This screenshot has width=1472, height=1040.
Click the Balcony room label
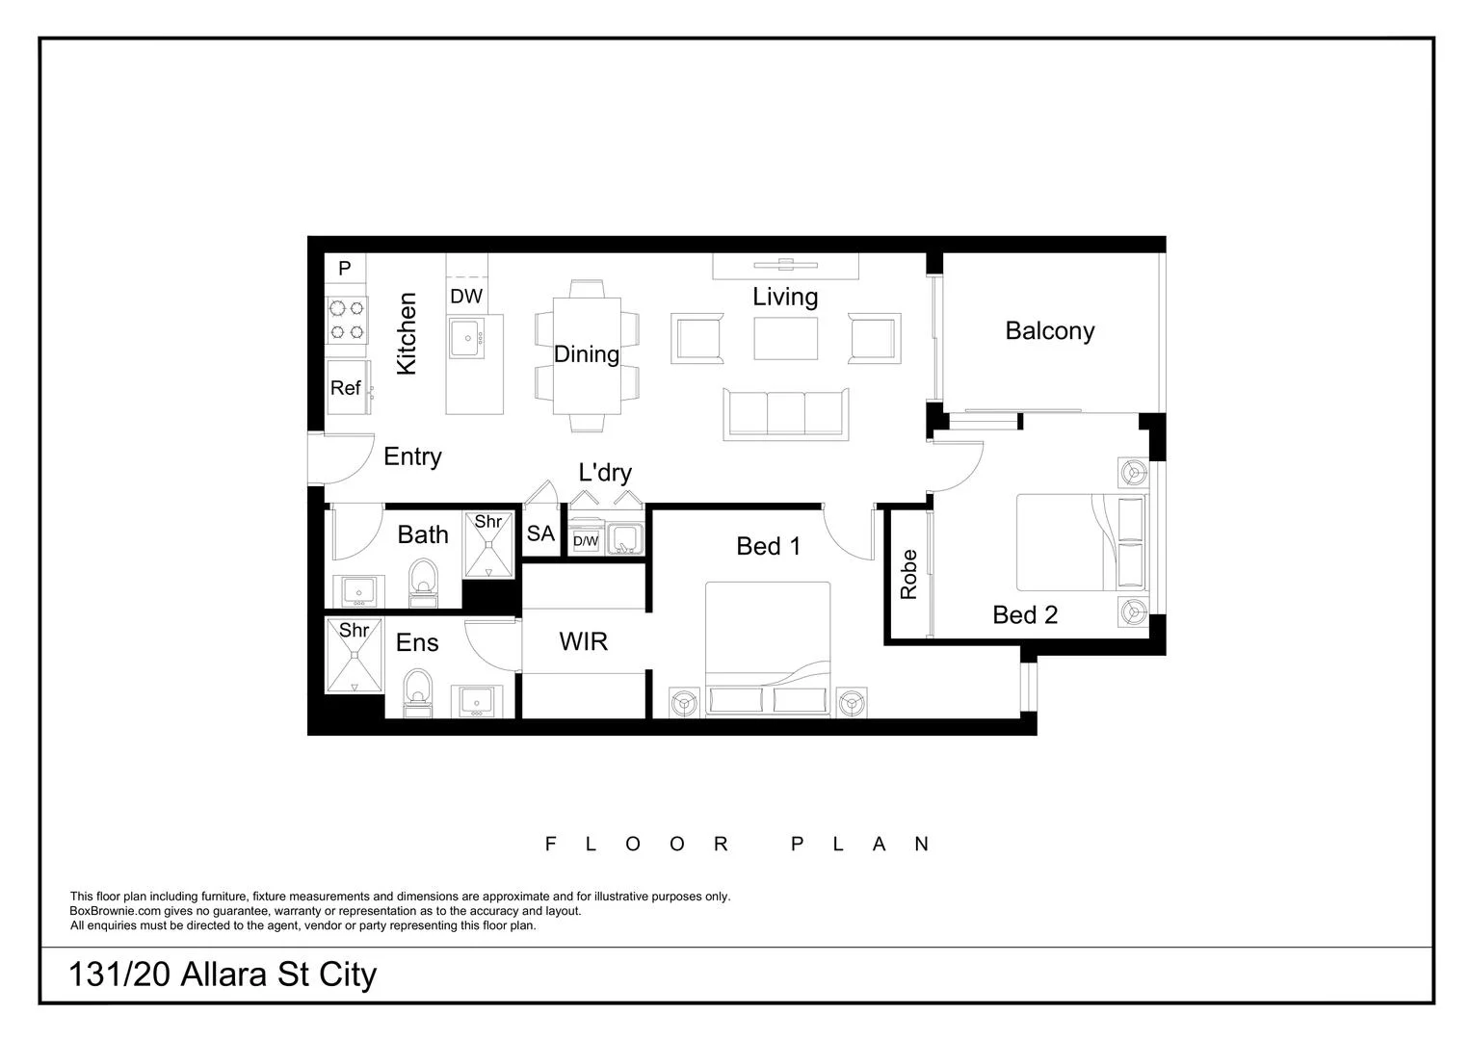tap(1049, 330)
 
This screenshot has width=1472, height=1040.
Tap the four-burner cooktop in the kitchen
tap(347, 320)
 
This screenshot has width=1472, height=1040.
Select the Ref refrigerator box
tap(347, 387)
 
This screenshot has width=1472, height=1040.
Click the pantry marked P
tap(345, 268)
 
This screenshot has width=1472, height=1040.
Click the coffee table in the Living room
tap(786, 338)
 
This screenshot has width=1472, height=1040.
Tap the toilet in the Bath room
tap(423, 583)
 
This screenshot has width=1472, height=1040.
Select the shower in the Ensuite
tap(354, 655)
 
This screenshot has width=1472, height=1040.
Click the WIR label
tap(583, 641)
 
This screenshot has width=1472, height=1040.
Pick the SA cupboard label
tap(540, 533)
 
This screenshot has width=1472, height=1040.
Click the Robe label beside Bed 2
tap(907, 575)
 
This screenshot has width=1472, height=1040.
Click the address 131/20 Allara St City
tap(223, 975)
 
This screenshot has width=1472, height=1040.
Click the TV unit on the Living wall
tap(785, 265)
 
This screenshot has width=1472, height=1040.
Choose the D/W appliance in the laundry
tap(586, 541)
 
